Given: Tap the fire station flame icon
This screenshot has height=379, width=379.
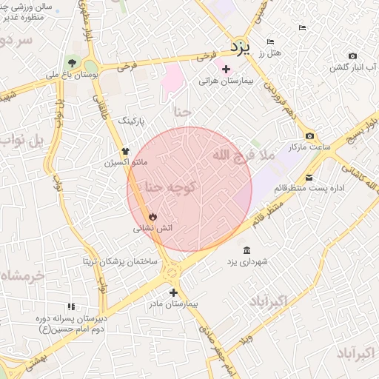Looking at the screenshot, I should [152, 217].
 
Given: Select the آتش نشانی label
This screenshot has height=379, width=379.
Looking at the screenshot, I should [152, 229].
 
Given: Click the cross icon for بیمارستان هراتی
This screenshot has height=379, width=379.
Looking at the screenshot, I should [226, 69].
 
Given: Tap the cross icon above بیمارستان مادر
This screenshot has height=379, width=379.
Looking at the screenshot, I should [173, 292].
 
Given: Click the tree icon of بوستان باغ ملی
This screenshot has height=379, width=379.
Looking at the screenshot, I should [72, 63].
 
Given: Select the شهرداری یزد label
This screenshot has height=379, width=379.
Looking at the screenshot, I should [246, 262].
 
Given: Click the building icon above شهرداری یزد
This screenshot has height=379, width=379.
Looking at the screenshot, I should [246, 250].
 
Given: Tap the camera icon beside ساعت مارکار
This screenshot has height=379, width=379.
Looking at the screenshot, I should [309, 135].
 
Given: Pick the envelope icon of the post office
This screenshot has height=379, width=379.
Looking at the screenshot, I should [309, 177].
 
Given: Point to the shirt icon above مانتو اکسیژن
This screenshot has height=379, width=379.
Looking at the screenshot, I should [125, 150].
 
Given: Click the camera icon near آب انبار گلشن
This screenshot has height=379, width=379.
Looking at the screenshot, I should [352, 56].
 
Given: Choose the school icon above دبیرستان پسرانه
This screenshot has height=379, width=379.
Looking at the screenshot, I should [71, 306].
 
